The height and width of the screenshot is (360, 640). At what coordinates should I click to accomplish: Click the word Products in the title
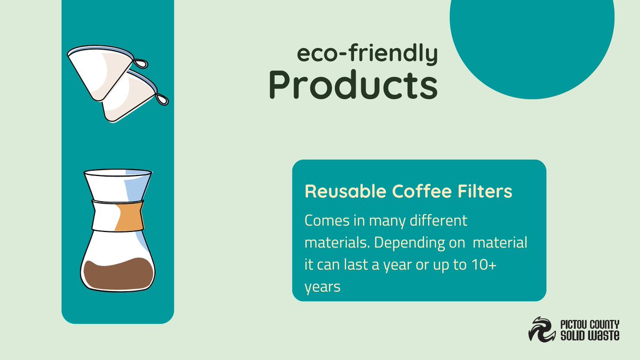352,84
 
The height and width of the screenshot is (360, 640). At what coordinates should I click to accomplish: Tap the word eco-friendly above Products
367,54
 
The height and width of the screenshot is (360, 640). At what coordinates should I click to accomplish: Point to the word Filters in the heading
483,191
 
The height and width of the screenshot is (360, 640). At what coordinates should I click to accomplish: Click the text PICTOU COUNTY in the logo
589,323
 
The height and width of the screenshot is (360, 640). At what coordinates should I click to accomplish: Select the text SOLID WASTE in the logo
589,335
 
